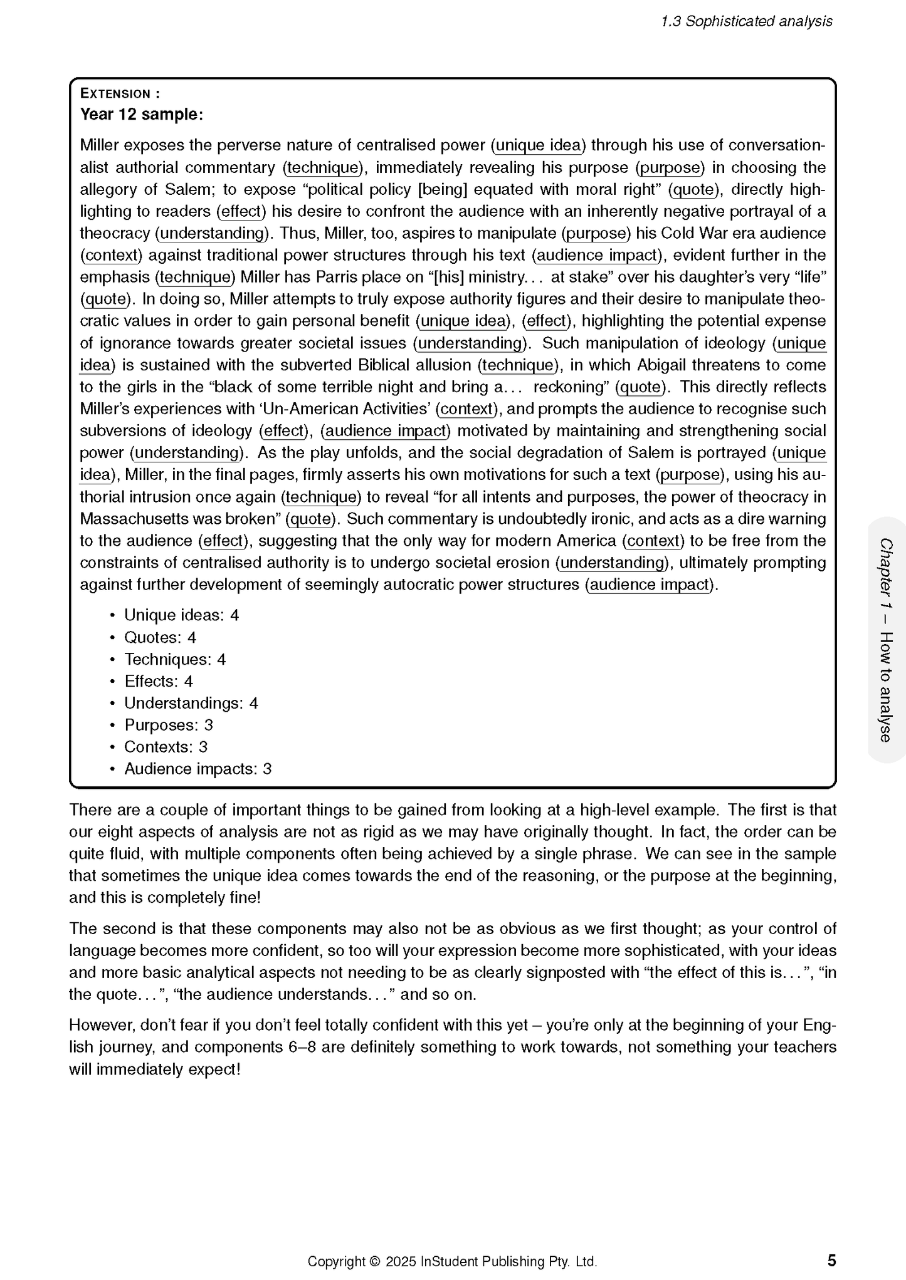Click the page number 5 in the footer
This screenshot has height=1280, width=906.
tap(831, 1260)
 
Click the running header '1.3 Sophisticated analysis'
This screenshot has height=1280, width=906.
tap(746, 21)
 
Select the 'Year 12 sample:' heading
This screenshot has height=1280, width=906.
tap(141, 115)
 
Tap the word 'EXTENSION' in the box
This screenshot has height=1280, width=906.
tap(115, 94)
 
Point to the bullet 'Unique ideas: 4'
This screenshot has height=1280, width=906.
tap(181, 615)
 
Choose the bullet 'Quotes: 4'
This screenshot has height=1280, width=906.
tap(160, 637)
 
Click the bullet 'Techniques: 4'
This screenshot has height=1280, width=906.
tap(175, 659)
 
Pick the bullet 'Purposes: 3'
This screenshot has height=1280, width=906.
tap(169, 725)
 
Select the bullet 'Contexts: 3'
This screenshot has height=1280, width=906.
tap(166, 747)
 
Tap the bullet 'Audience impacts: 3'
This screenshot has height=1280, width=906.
tap(198, 769)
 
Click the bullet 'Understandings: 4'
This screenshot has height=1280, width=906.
tap(191, 703)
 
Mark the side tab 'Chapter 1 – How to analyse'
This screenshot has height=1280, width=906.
tap(885, 640)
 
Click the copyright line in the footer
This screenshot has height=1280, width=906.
tap(451, 1261)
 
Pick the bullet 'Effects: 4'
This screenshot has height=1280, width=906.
tap(159, 681)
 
